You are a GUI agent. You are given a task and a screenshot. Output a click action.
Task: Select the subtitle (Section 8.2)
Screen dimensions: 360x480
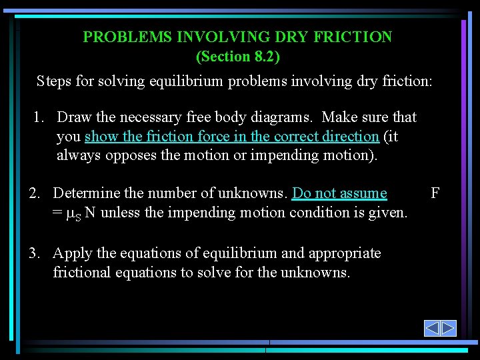click(238, 57)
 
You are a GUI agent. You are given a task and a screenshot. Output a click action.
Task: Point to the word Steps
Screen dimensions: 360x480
click(54, 81)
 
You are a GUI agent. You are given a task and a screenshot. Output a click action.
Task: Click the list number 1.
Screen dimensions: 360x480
click(39, 117)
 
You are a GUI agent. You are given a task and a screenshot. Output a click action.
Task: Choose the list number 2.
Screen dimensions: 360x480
click(35, 193)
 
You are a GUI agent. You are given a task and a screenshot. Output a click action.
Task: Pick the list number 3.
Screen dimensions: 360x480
click(35, 253)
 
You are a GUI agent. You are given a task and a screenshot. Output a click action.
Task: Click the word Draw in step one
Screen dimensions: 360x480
click(75, 117)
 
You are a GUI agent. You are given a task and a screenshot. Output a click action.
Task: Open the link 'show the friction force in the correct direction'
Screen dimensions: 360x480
click(232, 137)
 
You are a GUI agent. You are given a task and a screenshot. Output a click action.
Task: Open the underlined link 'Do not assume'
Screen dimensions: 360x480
click(339, 193)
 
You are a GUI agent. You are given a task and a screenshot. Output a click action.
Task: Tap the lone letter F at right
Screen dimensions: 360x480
click(435, 193)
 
